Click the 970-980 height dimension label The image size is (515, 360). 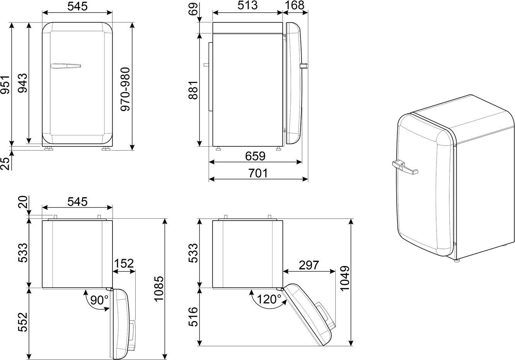point(125,89)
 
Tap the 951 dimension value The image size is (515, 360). point(5,84)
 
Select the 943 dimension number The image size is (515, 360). point(22,83)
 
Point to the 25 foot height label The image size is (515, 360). point(5,163)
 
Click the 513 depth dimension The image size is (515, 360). point(247,5)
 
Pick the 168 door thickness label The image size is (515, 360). point(295,5)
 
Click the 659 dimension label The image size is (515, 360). point(255,156)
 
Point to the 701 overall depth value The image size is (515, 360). point(258,173)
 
